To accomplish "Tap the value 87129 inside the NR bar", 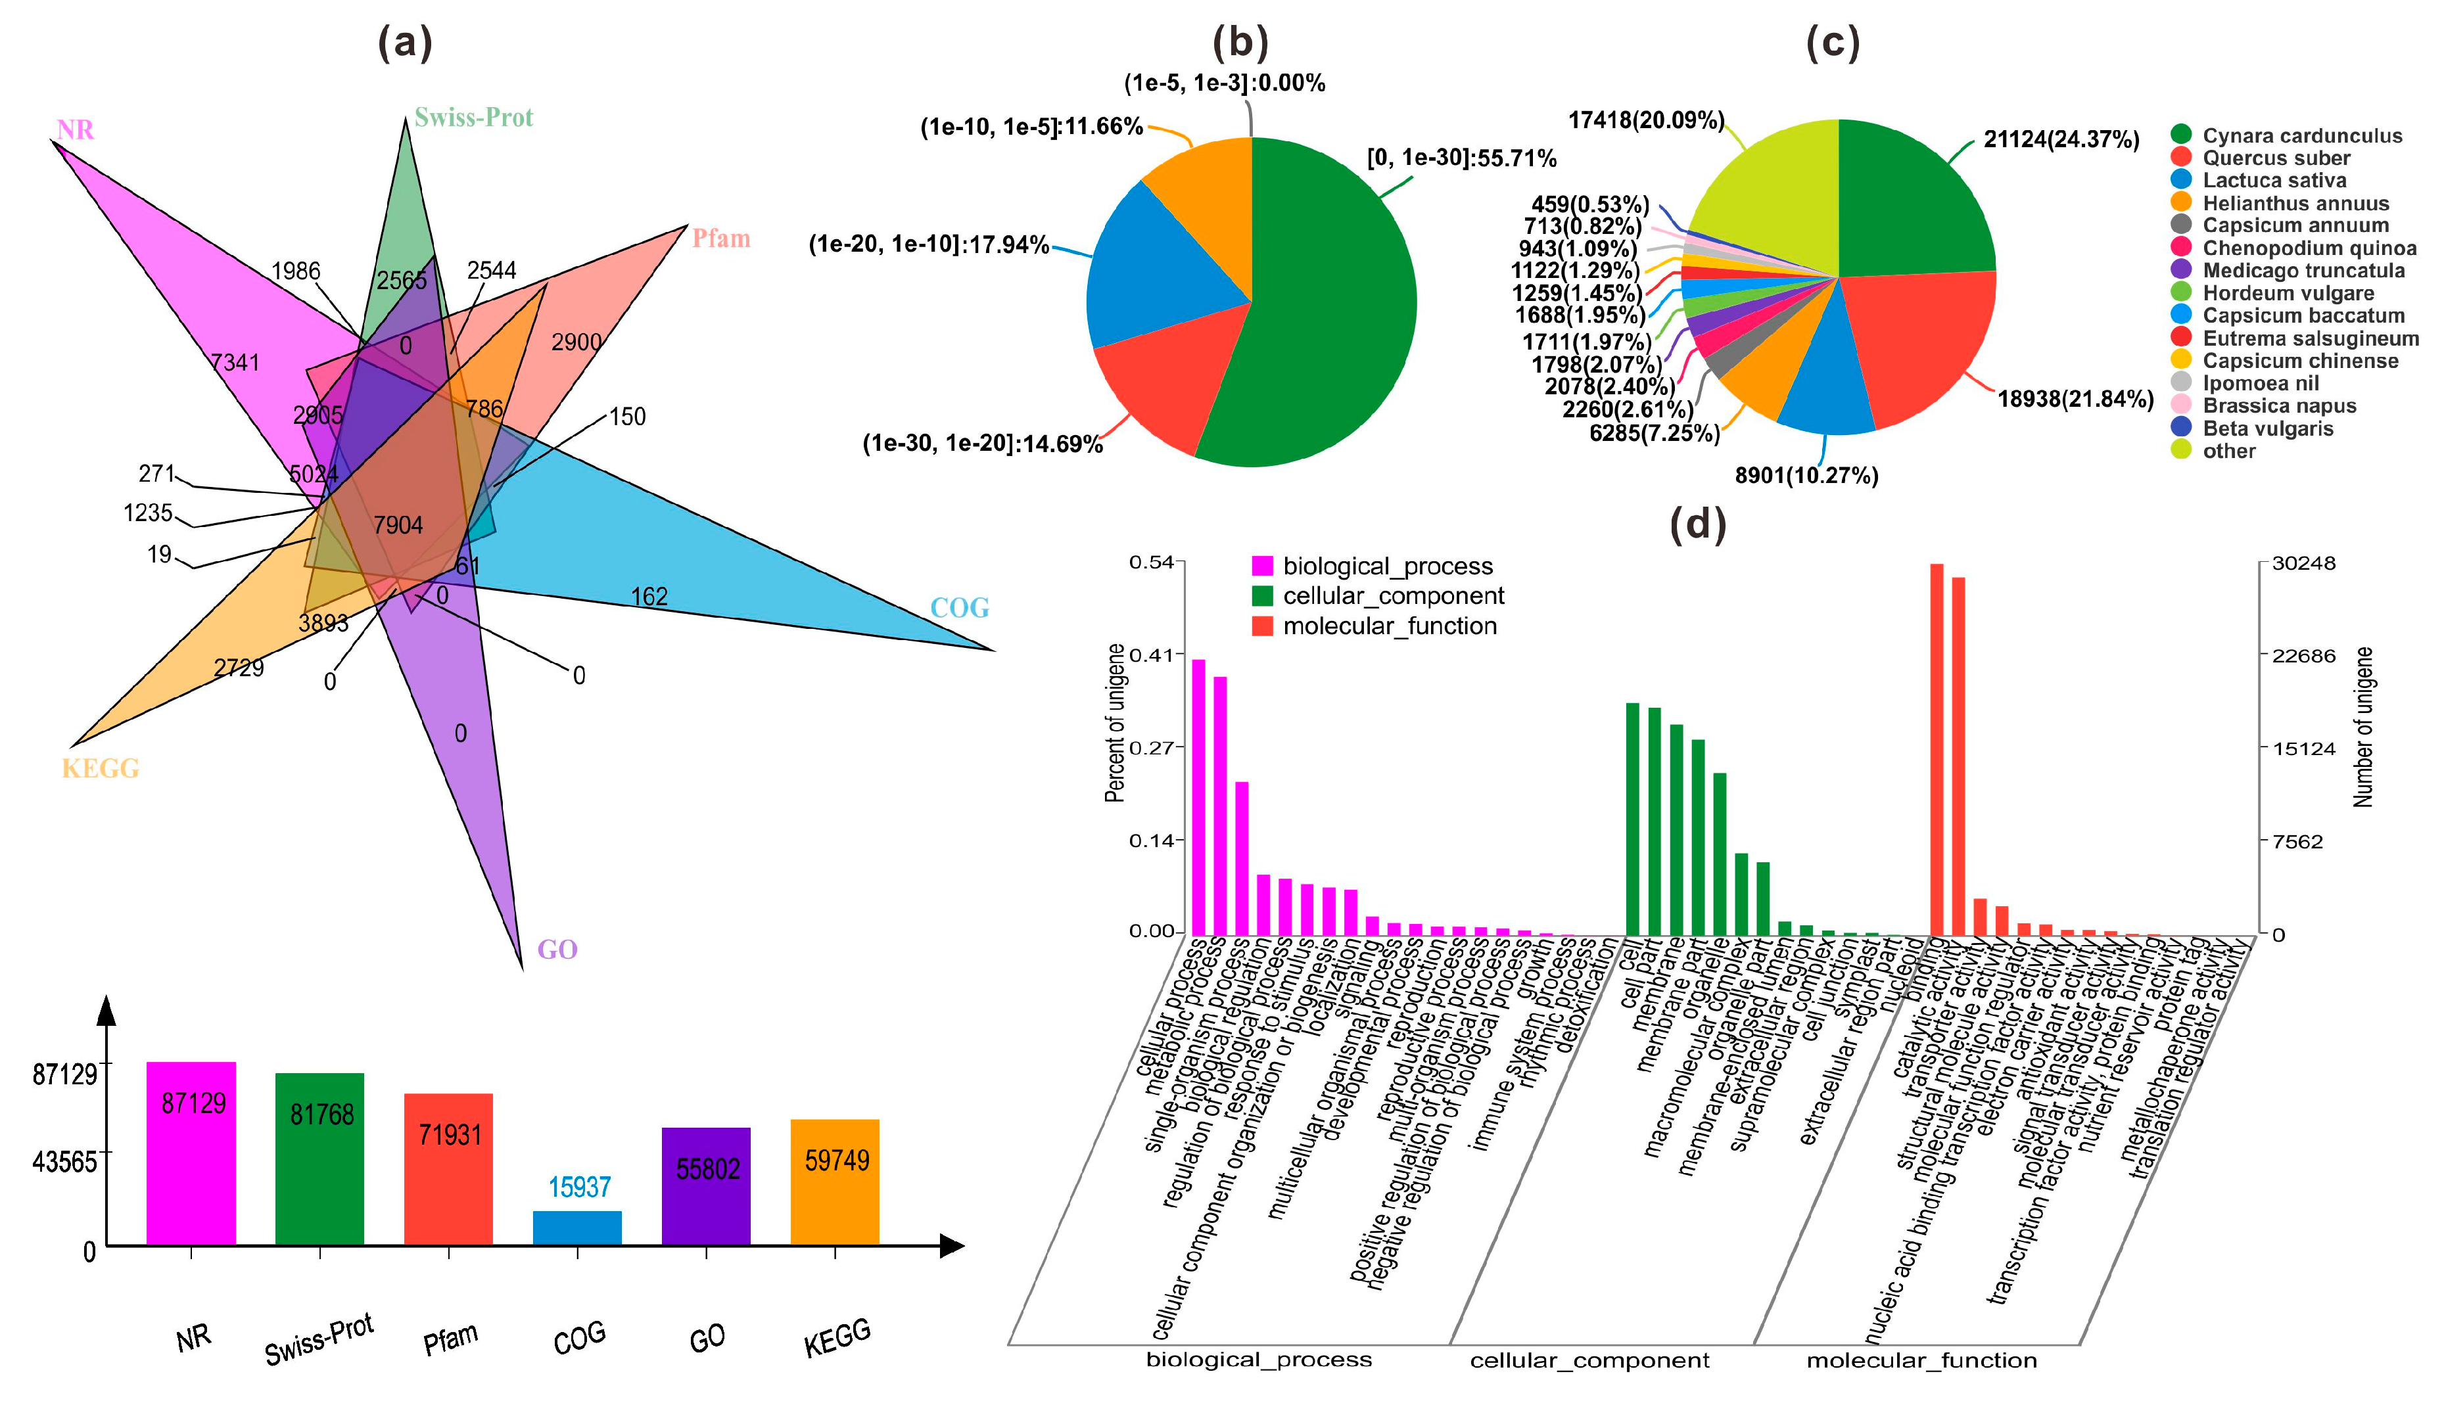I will (x=193, y=1103).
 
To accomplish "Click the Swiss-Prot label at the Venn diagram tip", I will (x=473, y=118).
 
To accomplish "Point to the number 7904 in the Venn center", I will (x=398, y=525).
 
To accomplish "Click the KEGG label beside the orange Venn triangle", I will (x=101, y=769).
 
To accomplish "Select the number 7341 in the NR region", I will (x=235, y=362).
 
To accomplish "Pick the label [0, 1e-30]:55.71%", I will (x=1461, y=157).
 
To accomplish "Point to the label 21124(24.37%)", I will (x=2061, y=140).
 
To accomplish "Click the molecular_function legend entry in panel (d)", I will (x=1388, y=626).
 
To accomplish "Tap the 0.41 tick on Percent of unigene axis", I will (x=1150, y=655).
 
